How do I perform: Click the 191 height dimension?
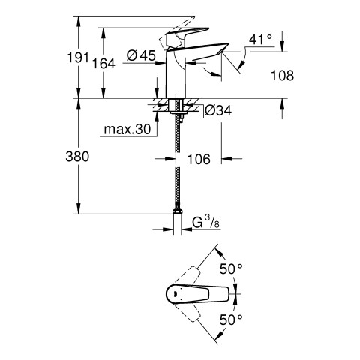78,58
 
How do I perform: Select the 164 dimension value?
103,64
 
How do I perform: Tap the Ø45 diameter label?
141,55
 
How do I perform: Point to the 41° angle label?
260,40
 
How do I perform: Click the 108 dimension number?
283,75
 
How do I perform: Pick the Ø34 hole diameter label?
218,110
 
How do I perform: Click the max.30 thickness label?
127,129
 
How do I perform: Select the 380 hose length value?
77,157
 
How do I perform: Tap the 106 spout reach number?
199,159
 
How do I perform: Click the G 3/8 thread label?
205,222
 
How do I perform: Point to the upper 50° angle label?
231,269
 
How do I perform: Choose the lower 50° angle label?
231,319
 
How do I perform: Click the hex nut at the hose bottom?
178,211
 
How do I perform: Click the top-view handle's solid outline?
197,294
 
